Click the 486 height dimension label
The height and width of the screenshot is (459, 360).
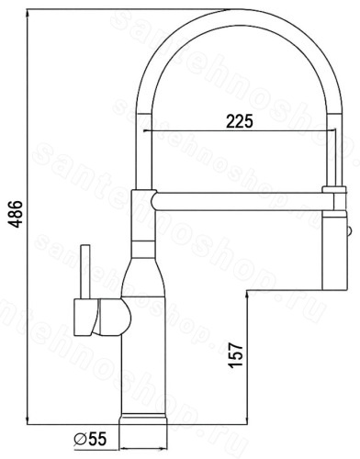click(x=16, y=214)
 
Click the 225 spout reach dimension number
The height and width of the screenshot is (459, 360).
click(x=240, y=121)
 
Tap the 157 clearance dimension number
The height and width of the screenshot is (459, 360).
click(x=235, y=354)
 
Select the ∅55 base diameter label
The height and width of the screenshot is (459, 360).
click(x=90, y=439)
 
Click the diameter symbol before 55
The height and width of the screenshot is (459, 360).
click(x=80, y=440)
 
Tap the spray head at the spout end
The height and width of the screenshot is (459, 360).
click(x=335, y=251)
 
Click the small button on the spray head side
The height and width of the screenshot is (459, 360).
click(x=349, y=230)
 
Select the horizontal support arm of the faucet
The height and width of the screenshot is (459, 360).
click(x=239, y=200)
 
